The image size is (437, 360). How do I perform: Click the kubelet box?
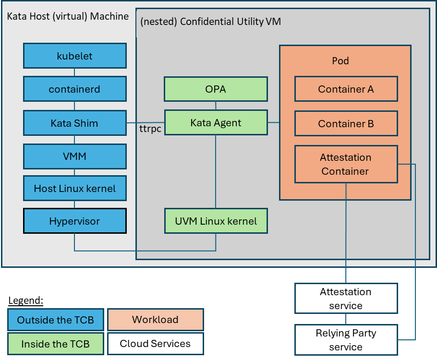pyautogui.click(x=74, y=56)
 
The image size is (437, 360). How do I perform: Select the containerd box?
pyautogui.click(x=74, y=89)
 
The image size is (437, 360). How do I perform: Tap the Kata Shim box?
pyautogui.click(x=74, y=123)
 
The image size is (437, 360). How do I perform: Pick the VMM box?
pyautogui.click(x=74, y=156)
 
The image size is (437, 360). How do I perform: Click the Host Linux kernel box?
pyautogui.click(x=74, y=188)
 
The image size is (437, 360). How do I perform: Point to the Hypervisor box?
pyautogui.click(x=74, y=221)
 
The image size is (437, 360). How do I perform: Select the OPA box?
pyautogui.click(x=216, y=89)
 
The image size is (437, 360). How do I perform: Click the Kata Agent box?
pyautogui.click(x=216, y=123)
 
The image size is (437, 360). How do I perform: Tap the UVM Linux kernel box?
pyautogui.click(x=216, y=221)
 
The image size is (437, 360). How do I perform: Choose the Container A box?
pyautogui.click(x=346, y=89)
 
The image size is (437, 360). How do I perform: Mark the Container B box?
pyautogui.click(x=346, y=123)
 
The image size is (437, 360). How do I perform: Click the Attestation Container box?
pyautogui.click(x=346, y=164)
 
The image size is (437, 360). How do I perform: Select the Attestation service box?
pyautogui.click(x=346, y=299)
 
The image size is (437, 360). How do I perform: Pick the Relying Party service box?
pyautogui.click(x=346, y=340)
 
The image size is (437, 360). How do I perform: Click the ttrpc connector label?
pyautogui.click(x=150, y=130)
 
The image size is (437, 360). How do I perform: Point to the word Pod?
pyautogui.click(x=340, y=61)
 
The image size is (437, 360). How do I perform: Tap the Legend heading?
pyautogui.click(x=26, y=300)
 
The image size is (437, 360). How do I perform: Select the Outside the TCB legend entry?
pyautogui.click(x=56, y=320)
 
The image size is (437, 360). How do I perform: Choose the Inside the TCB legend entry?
pyautogui.click(x=56, y=344)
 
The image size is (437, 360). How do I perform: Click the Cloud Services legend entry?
pyautogui.click(x=155, y=344)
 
